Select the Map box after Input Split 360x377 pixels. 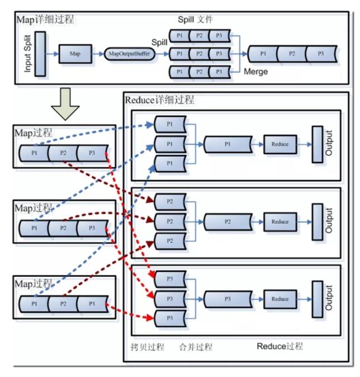pyautogui.click(x=75, y=54)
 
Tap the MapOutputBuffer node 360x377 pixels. pyautogui.click(x=130, y=54)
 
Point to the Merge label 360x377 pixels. pyautogui.click(x=256, y=72)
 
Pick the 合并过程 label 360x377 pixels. pyautogui.click(x=196, y=347)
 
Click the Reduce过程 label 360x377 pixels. pyautogui.click(x=280, y=346)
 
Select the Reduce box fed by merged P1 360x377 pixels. pyautogui.click(x=280, y=144)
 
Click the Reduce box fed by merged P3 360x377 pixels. pyautogui.click(x=280, y=299)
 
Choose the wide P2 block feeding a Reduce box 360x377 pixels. pyautogui.click(x=227, y=222)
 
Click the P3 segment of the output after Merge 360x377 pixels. pyautogui.click(x=320, y=54)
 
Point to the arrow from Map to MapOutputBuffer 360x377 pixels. pyautogui.click(x=97, y=54)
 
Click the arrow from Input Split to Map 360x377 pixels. pyautogui.click(x=52, y=54)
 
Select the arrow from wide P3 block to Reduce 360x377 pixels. pyautogui.click(x=257, y=299)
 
